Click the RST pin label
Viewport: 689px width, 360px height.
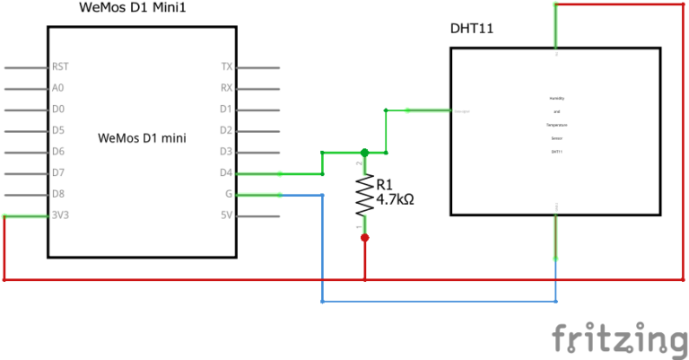[x=60, y=66]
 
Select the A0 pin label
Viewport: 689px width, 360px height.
[x=58, y=88]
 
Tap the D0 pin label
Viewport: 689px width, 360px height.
[x=58, y=110]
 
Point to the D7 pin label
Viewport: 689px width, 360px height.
[x=58, y=172]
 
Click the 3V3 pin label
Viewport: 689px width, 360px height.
[x=60, y=215]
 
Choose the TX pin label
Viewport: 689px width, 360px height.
[x=226, y=66]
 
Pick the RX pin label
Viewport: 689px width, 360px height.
[x=226, y=88]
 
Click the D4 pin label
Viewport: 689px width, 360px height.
[x=226, y=172]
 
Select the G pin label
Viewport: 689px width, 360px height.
[x=229, y=194]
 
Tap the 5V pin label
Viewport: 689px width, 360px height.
[x=226, y=215]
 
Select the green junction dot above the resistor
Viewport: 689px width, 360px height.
[x=364, y=154]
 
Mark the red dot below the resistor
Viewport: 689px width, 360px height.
[x=364, y=238]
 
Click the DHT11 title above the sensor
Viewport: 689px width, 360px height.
[x=472, y=30]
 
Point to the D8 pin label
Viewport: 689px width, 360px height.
[x=58, y=194]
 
